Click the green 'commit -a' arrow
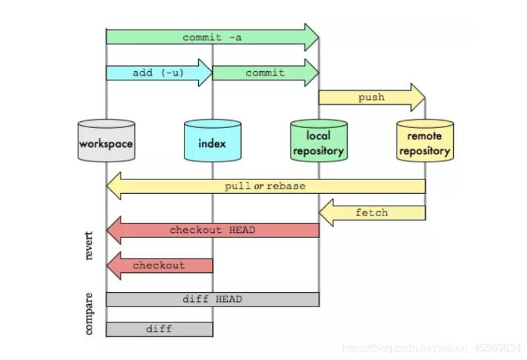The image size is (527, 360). point(211,38)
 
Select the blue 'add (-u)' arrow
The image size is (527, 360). point(158,73)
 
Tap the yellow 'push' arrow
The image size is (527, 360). point(371,98)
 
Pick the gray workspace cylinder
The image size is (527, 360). point(106,141)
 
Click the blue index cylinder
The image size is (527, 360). point(212,141)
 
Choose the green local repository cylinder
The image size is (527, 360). point(319,141)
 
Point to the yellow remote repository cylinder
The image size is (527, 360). point(425,141)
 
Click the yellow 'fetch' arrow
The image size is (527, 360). point(372,213)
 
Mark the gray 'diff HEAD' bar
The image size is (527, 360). point(212,299)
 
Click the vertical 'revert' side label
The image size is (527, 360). point(90,245)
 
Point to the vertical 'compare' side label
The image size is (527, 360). point(90,314)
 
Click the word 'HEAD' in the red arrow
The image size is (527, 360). point(242,230)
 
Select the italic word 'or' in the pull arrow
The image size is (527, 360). point(259,186)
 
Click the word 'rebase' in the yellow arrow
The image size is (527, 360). point(286,186)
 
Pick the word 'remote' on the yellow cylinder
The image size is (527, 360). point(425,136)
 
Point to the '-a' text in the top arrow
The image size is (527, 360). point(235,38)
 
